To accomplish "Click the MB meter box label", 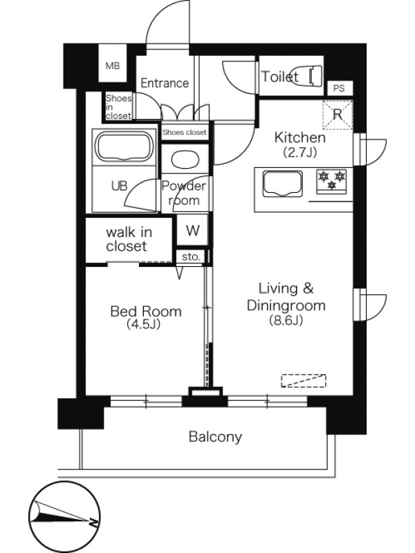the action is [113, 66].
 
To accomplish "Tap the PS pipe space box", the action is [338, 88].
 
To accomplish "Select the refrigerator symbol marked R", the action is [338, 115].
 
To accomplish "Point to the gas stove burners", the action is [331, 181].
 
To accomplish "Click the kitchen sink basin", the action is [283, 183].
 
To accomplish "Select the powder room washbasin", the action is [185, 160].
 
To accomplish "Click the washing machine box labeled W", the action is [193, 230].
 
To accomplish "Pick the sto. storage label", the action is [191, 256].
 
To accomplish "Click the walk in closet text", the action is [129, 239].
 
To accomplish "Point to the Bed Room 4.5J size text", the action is [144, 324].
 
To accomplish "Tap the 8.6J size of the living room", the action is [286, 320].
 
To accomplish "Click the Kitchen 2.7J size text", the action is [299, 152].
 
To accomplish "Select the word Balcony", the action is [215, 437].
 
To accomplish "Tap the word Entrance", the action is [165, 83].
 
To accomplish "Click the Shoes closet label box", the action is [184, 133].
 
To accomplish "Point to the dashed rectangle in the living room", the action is [304, 381].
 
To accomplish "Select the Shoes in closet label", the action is [118, 106].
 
